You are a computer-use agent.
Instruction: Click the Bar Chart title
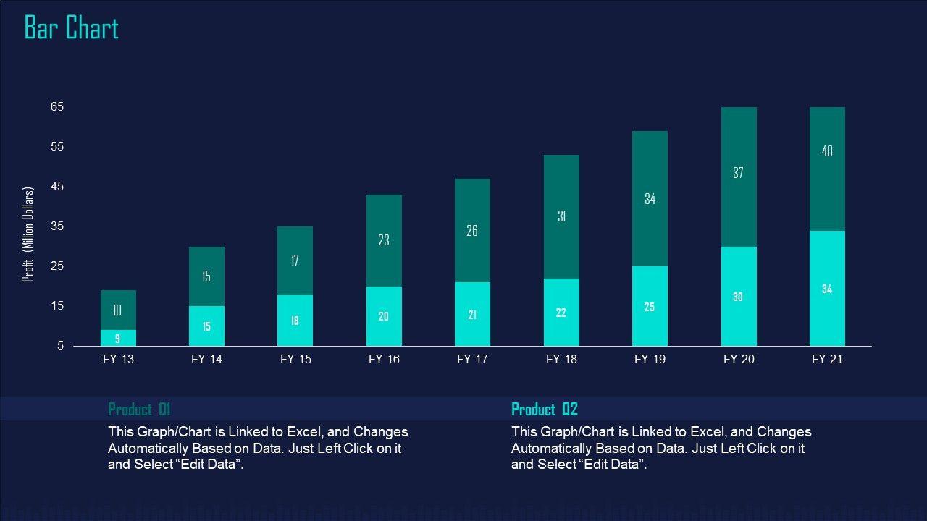point(71,28)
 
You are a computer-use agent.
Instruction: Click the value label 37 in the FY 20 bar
point(738,173)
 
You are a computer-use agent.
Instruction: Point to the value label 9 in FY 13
point(117,338)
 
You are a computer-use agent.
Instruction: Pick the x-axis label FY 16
point(384,359)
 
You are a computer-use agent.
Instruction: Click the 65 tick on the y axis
point(57,107)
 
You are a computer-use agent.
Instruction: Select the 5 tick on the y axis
point(61,346)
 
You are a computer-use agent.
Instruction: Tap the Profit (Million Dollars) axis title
point(28,234)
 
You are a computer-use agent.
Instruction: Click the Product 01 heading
point(139,410)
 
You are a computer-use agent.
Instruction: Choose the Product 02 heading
point(545,410)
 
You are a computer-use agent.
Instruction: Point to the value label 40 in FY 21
point(827,151)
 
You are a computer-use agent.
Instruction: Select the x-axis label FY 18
point(561,359)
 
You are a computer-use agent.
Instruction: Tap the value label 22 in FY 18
point(561,313)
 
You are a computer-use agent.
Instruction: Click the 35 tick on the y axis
point(57,226)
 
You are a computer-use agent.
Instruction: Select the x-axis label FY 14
point(206,359)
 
